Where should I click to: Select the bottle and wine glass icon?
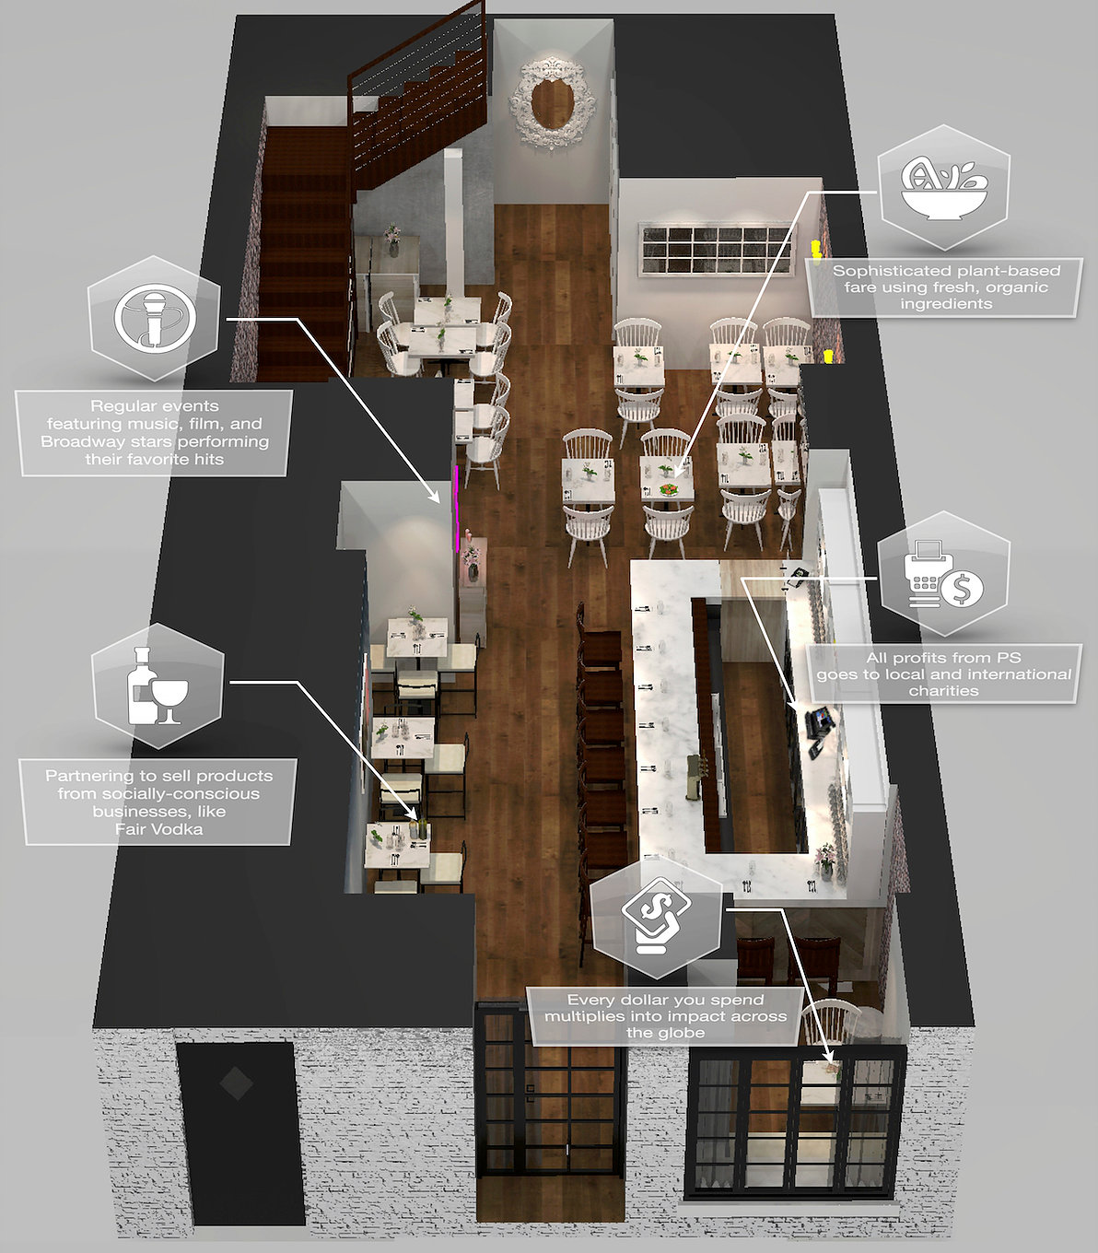pos(157,685)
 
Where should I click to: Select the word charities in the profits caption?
pos(943,690)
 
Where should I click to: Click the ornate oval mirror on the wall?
pos(551,103)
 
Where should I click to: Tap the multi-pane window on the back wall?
pos(716,249)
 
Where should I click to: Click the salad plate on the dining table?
pos(669,490)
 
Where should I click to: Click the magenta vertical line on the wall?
pos(457,508)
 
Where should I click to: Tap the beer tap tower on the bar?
pos(696,774)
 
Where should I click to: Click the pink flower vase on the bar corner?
pos(824,861)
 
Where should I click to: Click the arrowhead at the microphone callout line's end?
pos(436,497)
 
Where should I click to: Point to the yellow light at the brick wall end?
pos(828,355)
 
